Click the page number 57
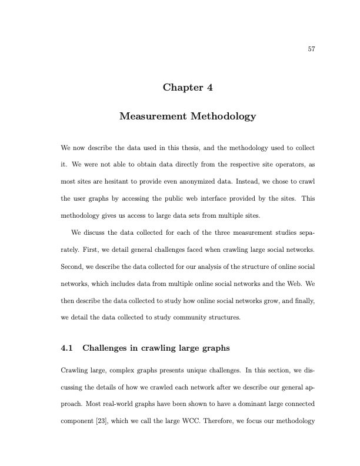[x=312, y=49]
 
